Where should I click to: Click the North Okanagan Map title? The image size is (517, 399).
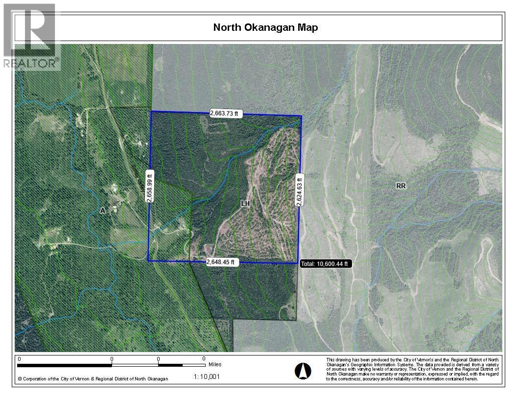pos(265,27)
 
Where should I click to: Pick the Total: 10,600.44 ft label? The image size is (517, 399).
pos(325,264)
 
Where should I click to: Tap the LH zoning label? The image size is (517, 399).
pos(245,203)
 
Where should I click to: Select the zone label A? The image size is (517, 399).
pos(102,211)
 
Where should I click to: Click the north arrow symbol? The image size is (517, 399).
pos(303,371)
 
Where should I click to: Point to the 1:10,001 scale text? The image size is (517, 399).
pos(207,377)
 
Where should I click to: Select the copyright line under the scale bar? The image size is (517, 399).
pos(93,379)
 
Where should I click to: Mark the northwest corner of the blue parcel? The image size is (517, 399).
pos(151,111)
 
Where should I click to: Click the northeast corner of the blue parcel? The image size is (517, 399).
pos(301,116)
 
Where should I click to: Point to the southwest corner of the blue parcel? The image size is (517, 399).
pos(148,261)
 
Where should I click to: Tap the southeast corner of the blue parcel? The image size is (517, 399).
pos(298,264)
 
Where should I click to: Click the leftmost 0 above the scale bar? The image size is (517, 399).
pos(19,359)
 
